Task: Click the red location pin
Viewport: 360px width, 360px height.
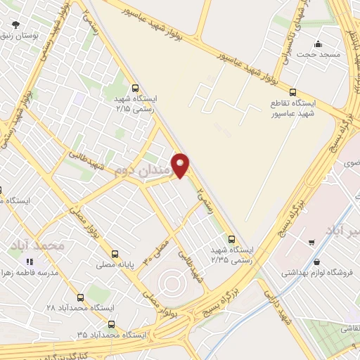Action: [x=181, y=165]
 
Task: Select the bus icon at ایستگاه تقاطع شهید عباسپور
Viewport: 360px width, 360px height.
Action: [x=292, y=91]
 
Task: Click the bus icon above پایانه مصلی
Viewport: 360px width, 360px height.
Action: [x=115, y=254]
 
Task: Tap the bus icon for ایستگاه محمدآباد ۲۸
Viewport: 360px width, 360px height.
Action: [x=80, y=297]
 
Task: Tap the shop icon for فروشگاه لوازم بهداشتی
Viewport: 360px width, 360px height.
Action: [x=310, y=242]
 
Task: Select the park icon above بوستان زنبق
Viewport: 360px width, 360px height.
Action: [x=14, y=22]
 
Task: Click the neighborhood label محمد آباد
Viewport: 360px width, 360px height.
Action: [x=37, y=245]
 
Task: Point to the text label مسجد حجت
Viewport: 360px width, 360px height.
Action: [x=319, y=54]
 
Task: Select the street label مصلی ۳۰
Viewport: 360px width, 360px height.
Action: [x=157, y=250]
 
